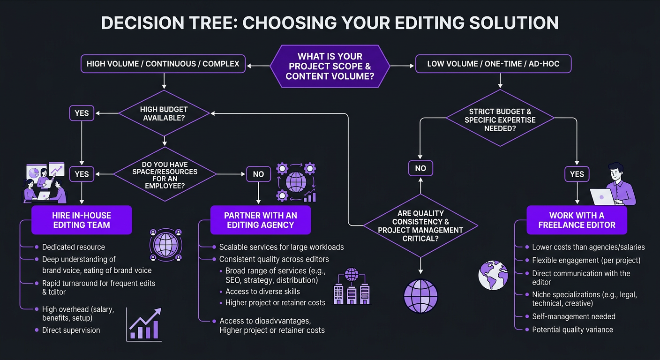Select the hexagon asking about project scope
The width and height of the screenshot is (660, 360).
tap(330, 66)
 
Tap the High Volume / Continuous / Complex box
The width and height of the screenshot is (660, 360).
tap(163, 64)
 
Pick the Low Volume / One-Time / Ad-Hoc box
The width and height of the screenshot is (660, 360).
tap(493, 64)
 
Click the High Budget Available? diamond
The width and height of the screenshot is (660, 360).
tap(164, 113)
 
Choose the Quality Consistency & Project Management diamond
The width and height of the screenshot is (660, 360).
tap(420, 225)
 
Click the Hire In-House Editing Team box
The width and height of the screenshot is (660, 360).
tap(82, 220)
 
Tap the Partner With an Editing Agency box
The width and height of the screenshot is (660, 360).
tap(260, 220)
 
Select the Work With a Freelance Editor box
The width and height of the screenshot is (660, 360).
tap(577, 220)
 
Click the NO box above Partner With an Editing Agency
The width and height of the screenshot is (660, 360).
tap(258, 174)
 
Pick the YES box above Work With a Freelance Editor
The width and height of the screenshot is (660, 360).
tap(577, 174)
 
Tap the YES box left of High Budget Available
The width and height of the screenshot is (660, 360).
tap(82, 113)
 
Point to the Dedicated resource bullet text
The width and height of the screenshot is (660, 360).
tap(73, 247)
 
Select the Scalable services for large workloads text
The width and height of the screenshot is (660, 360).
tap(281, 247)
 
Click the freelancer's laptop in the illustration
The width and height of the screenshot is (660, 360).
tap(602, 197)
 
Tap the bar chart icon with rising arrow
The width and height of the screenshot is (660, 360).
tap(144, 325)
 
